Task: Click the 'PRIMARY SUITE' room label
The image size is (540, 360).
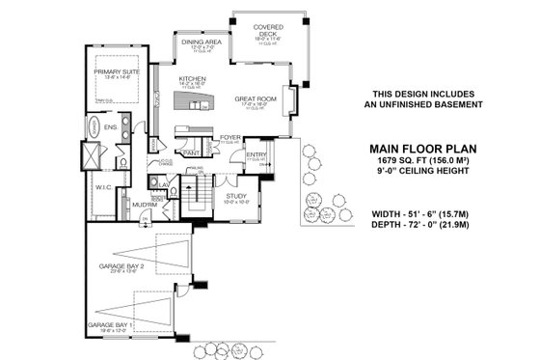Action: coord(115,72)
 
